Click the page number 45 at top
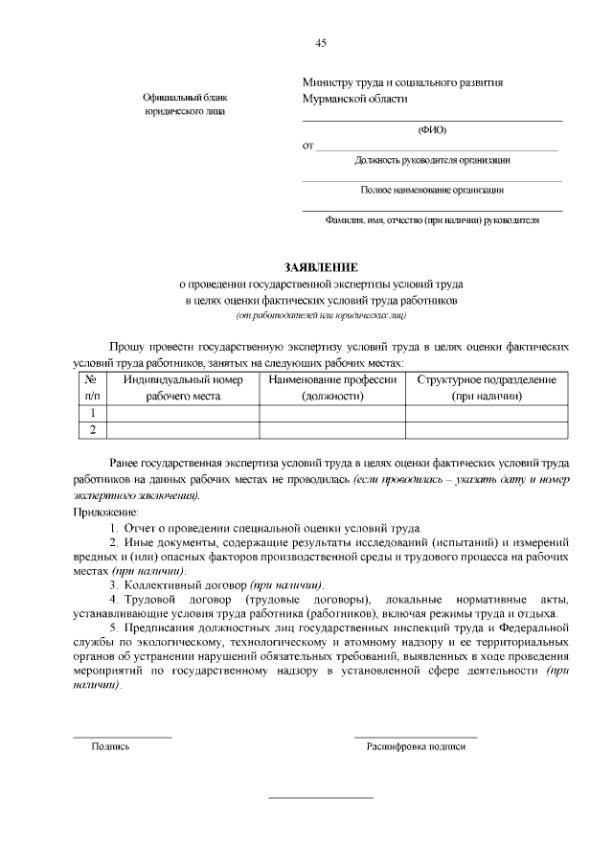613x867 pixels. pyautogui.click(x=321, y=42)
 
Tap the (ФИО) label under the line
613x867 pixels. pyautogui.click(x=432, y=129)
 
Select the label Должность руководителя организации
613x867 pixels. pyautogui.click(x=432, y=160)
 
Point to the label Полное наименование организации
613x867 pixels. pyautogui.click(x=432, y=190)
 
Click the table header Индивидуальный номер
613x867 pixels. pyautogui.click(x=183, y=380)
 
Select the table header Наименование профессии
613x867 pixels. pyautogui.click(x=332, y=380)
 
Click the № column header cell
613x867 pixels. pyautogui.click(x=93, y=387)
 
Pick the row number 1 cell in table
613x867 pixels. pyautogui.click(x=93, y=413)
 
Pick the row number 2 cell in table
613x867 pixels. pyautogui.click(x=93, y=430)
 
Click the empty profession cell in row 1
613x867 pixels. pyautogui.click(x=332, y=413)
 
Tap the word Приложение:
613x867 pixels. pyautogui.click(x=106, y=513)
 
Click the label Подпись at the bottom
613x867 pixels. pyautogui.click(x=110, y=745)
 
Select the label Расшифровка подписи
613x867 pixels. pyautogui.click(x=416, y=745)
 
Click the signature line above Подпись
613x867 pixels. pyautogui.click(x=123, y=737)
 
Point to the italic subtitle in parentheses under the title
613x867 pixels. pyautogui.click(x=321, y=314)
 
